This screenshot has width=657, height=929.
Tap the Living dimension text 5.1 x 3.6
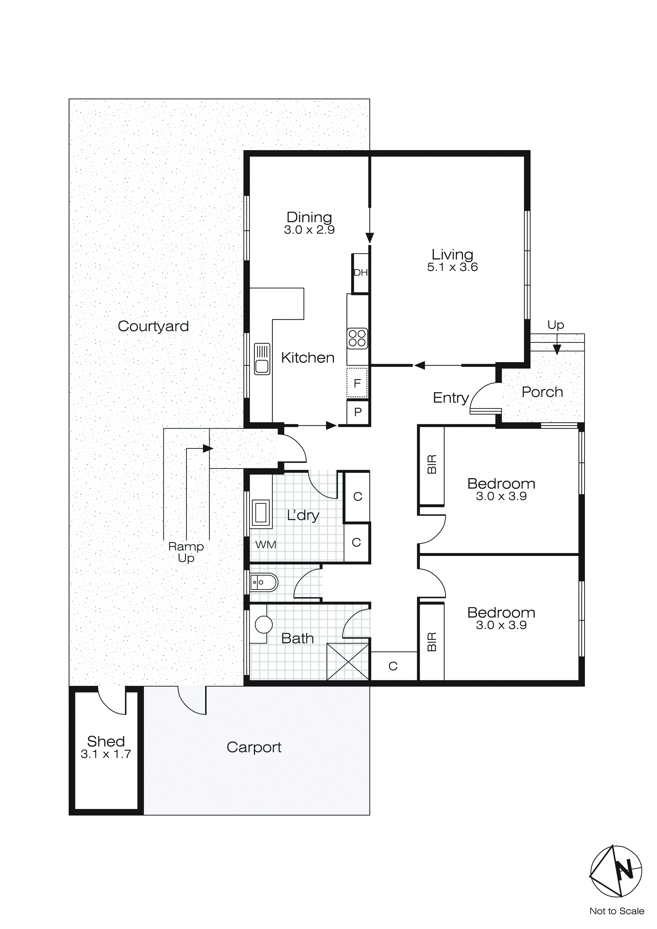[x=452, y=267]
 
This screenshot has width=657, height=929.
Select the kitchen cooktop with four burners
[x=357, y=338]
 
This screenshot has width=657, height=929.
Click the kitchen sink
[x=262, y=358]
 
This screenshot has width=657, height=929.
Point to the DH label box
[x=360, y=273]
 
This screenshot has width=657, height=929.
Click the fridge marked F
[x=357, y=383]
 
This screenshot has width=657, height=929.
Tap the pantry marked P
[x=358, y=412]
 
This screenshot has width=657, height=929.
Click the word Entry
[x=451, y=398]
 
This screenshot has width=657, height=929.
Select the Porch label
[x=542, y=392]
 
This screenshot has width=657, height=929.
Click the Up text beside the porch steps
[x=555, y=325]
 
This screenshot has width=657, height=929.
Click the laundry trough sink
[x=260, y=512]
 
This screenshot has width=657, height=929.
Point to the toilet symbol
[x=264, y=583]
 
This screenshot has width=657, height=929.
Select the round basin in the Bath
[x=264, y=624]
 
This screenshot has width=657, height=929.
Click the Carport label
[x=254, y=747]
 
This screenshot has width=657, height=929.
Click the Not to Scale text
[x=616, y=911]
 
